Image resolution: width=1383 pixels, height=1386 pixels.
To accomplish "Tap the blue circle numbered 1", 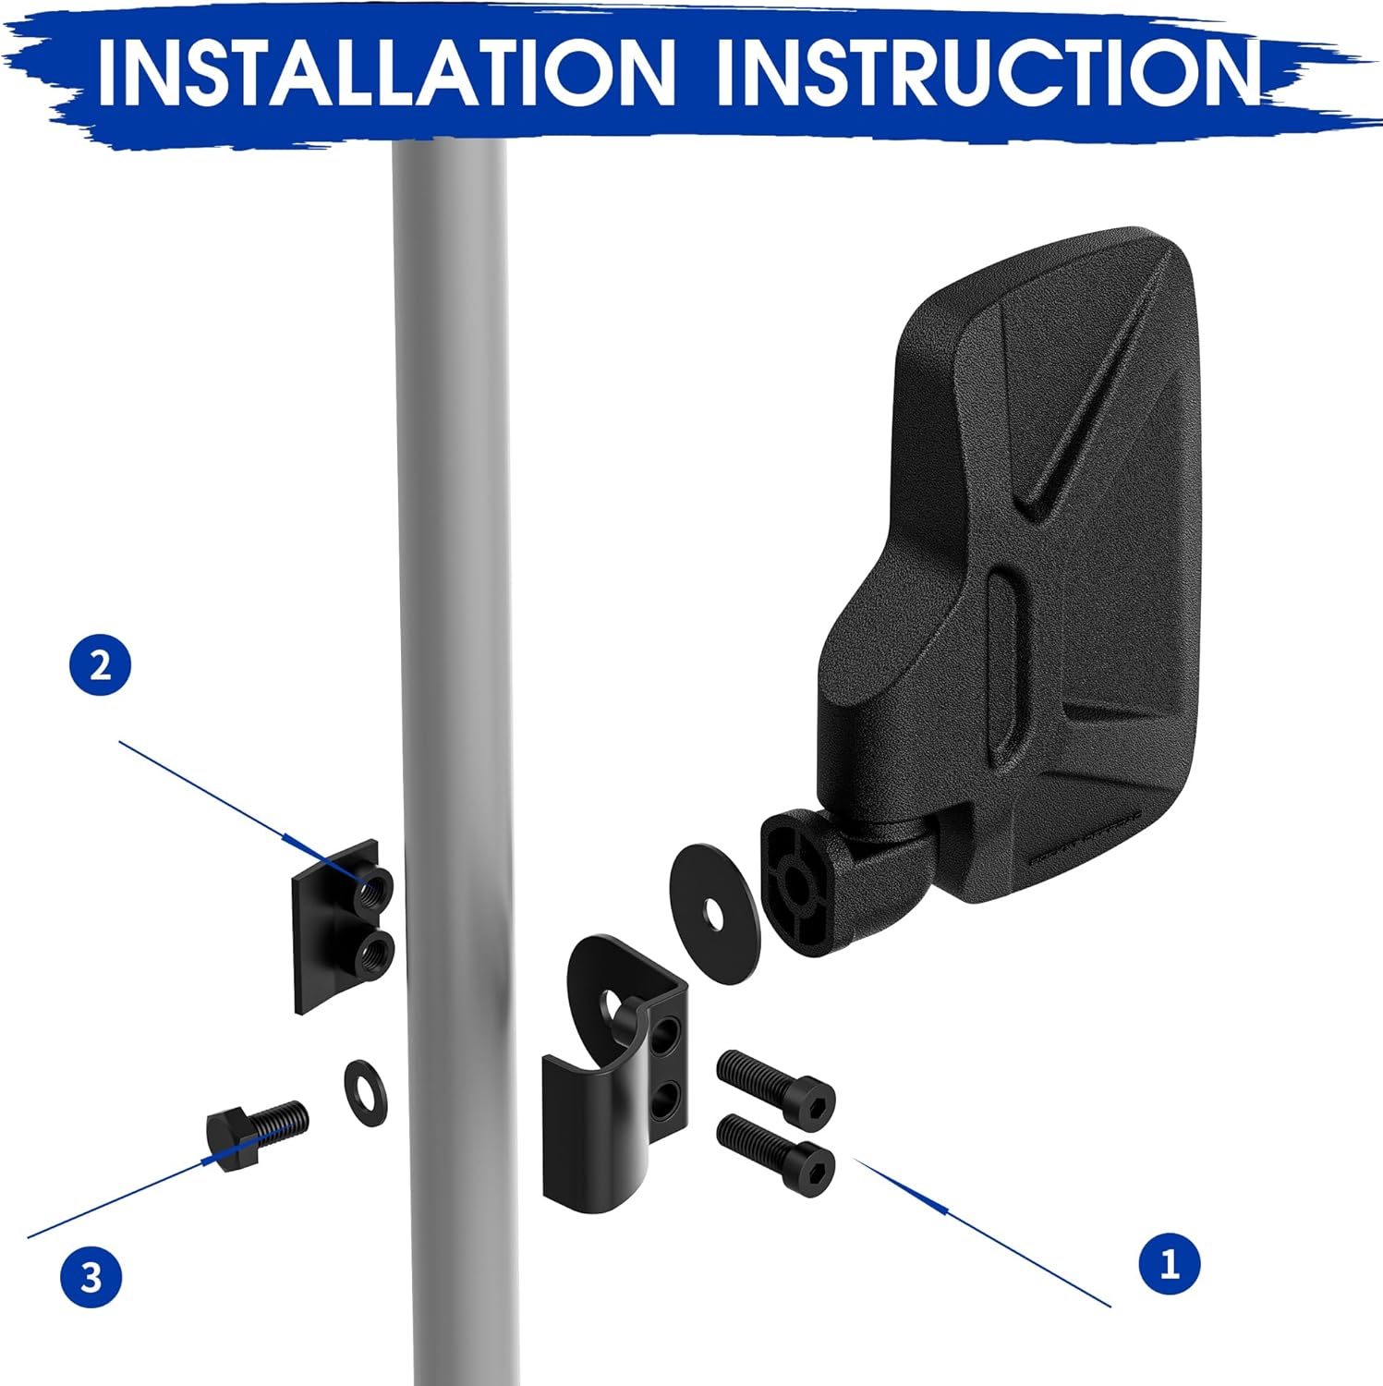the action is (1169, 1262).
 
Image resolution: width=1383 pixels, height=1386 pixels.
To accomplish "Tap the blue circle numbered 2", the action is (101, 665).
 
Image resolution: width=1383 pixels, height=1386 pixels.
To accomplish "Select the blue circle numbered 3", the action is (91, 1278).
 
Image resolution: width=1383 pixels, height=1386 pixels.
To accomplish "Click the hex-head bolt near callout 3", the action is (256, 1133).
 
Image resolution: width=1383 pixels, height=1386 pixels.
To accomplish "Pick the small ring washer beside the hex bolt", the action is (365, 1094).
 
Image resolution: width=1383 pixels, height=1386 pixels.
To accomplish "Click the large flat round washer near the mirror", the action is (714, 913).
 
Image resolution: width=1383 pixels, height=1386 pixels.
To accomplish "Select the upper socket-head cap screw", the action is (776, 1085).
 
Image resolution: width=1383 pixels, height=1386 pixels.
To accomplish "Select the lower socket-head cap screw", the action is (776, 1154).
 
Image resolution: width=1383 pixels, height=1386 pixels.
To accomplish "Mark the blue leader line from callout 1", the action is (981, 1232).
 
